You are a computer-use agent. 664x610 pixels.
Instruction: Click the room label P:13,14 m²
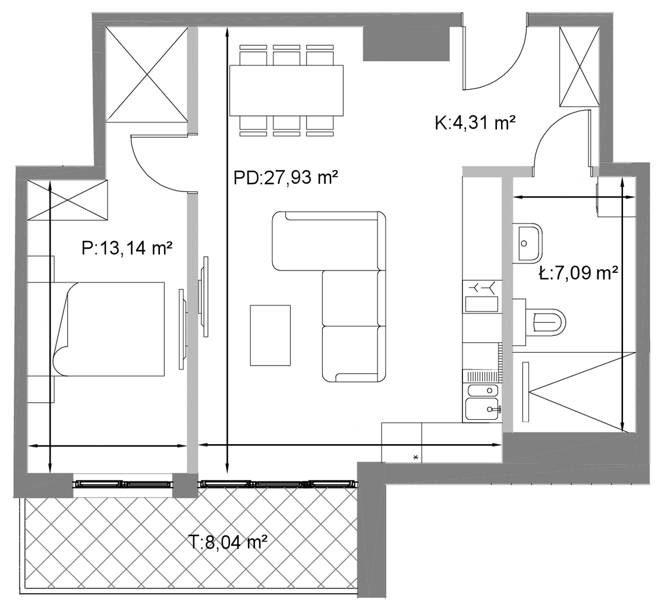click(127, 249)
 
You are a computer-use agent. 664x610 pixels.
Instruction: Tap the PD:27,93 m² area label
click(286, 178)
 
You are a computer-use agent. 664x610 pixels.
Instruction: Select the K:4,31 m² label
click(475, 123)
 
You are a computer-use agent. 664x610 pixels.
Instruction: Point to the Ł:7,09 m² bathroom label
click(578, 273)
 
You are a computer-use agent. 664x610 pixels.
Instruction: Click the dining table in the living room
click(287, 90)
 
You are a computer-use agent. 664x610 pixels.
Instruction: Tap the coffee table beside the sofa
click(270, 335)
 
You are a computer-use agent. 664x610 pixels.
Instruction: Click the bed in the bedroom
click(109, 329)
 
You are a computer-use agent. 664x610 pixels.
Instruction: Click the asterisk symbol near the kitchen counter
click(416, 457)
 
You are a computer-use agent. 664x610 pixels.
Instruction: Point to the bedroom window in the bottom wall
click(123, 483)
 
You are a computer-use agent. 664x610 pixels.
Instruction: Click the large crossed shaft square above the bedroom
click(146, 75)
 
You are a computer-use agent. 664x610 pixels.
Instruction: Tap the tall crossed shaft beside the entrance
click(580, 67)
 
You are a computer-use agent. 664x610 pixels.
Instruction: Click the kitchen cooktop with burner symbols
click(482, 297)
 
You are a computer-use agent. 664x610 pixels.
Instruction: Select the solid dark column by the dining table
click(405, 43)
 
